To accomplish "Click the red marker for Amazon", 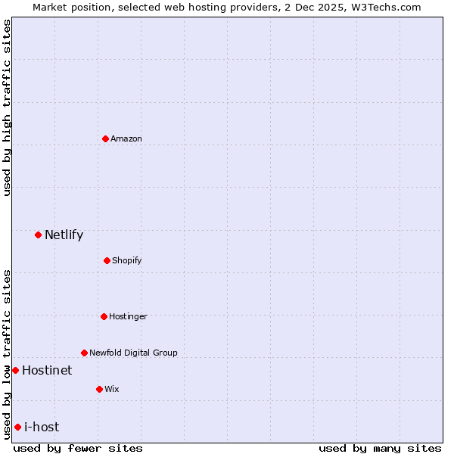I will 106,138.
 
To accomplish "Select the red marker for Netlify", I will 38,235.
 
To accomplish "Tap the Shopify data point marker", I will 107,260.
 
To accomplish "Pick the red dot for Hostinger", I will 104,316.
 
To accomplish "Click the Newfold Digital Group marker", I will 84,353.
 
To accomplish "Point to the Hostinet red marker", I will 15,370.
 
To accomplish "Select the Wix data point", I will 99,389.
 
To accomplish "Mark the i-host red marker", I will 17,427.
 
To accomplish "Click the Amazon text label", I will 126,138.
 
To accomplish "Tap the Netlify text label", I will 64,235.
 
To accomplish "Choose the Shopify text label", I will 127,260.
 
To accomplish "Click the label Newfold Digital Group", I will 133,353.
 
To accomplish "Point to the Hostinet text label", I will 47,370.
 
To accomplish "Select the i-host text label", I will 42,427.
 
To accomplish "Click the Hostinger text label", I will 128,316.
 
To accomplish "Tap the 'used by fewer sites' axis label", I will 78,448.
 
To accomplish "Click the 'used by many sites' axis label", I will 380,448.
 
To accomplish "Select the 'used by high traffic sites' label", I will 7,107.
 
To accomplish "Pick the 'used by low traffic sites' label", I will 7,353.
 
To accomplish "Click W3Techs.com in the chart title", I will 384,7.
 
